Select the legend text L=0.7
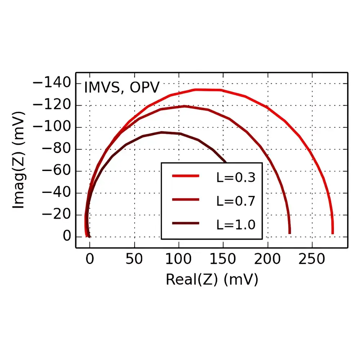236,201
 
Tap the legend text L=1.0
236,224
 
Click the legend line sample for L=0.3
186,176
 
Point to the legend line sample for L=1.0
186,224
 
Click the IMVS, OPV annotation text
122,87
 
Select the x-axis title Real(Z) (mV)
212,280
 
